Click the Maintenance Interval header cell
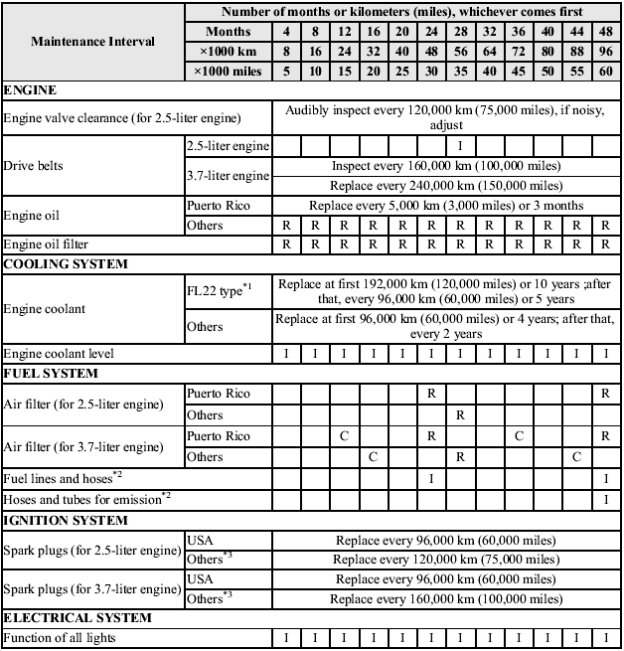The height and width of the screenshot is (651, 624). tap(92, 42)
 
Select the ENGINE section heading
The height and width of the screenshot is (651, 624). tap(31, 90)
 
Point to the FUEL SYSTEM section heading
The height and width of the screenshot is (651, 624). tap(51, 374)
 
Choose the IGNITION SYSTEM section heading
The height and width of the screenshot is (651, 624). tap(66, 520)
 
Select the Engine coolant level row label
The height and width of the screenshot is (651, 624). tap(59, 353)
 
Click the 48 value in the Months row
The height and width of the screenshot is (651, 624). tap(605, 32)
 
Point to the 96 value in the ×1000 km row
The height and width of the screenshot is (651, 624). tap(605, 51)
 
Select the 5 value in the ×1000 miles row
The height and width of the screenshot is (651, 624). tap(286, 71)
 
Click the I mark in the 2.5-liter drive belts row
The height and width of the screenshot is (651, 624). tap(460, 146)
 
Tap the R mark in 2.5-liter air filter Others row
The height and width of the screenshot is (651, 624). tap(460, 414)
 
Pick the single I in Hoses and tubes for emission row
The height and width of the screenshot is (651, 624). tap(605, 498)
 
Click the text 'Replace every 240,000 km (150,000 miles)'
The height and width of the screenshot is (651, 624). tap(445, 186)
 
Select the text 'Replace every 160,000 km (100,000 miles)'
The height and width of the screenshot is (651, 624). tap(445, 599)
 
